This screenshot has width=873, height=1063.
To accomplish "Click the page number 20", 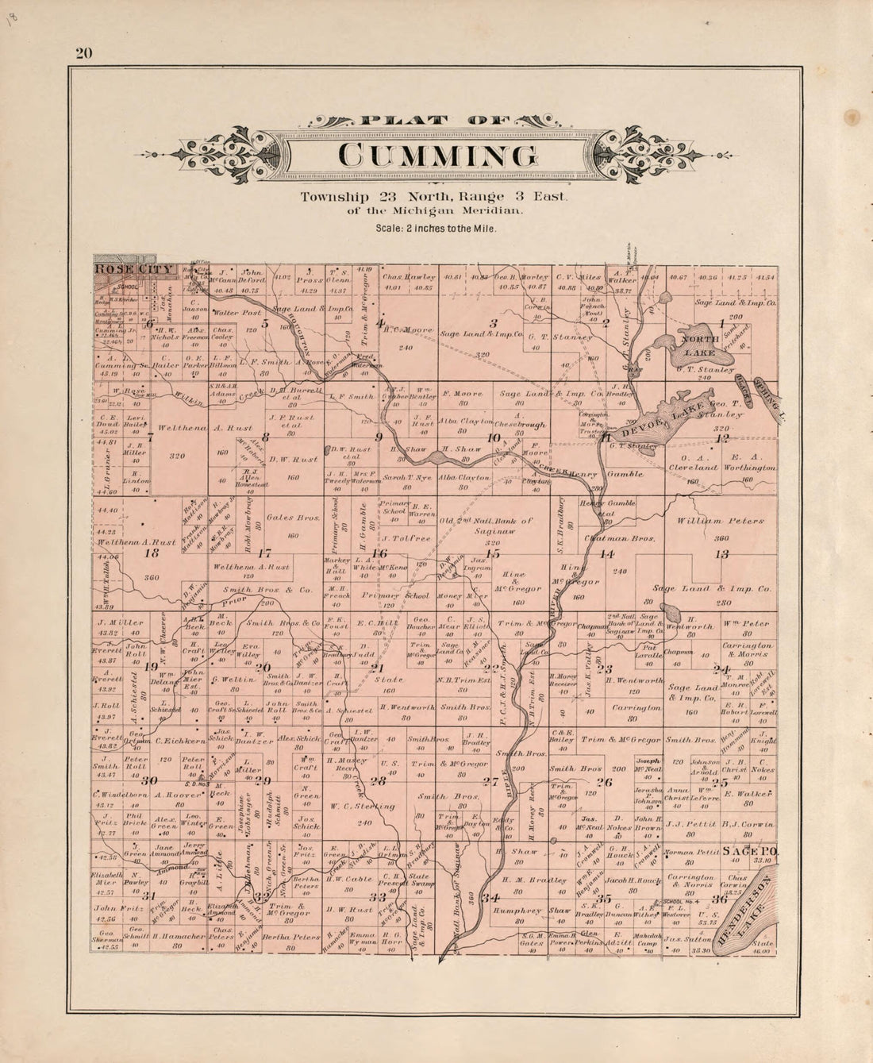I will coord(84,54).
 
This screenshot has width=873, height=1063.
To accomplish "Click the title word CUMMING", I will coord(436,156).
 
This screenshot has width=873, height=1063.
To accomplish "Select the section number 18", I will coord(151,553).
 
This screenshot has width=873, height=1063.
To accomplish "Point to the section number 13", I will coord(721,553).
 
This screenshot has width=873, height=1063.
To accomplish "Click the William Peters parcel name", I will coord(721,522).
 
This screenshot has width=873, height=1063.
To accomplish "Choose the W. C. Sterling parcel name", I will coord(360,806).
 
